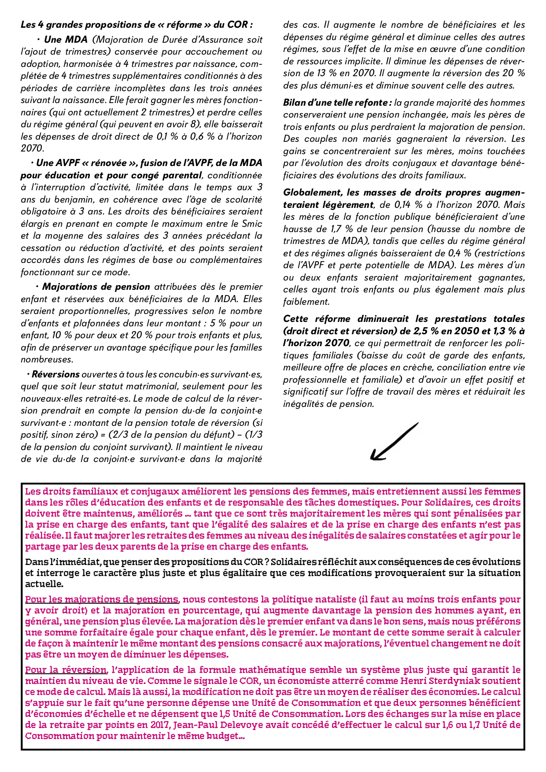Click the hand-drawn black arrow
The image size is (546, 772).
click(393, 442)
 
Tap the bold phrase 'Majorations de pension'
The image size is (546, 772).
click(96, 287)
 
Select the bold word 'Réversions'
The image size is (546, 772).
click(55, 374)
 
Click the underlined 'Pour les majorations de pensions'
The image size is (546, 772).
click(102, 599)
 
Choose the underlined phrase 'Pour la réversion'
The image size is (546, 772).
click(66, 670)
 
